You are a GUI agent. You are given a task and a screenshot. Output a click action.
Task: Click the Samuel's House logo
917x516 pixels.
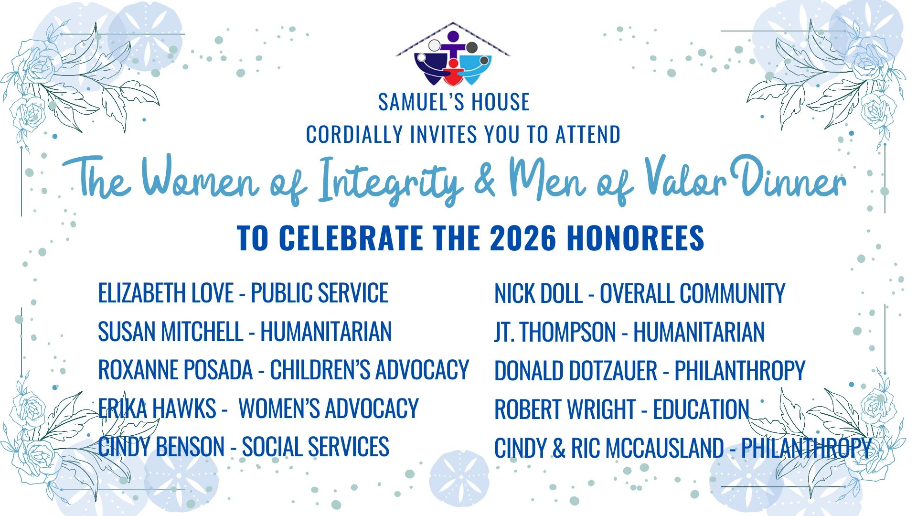coord(453,54)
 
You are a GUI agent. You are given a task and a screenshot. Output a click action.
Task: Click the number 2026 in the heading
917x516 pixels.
coord(523,237)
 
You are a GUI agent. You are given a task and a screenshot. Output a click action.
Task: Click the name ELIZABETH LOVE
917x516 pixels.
coord(166,293)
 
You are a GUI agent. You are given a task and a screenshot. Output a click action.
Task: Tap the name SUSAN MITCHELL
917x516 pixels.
coord(171,332)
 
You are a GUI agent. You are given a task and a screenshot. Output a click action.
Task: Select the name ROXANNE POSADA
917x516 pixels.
coord(175,370)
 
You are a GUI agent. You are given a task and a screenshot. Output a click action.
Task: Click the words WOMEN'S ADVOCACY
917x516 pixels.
coord(329,408)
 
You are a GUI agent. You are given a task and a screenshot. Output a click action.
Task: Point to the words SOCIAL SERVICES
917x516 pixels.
coord(315,447)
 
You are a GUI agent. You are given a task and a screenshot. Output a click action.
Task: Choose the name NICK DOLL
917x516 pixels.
coord(538,293)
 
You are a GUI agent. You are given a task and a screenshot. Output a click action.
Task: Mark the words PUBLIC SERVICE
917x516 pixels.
coord(320,293)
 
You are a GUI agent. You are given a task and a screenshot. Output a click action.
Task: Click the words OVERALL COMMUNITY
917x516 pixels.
coord(693,293)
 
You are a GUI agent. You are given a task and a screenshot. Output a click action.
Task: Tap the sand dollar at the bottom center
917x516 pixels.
coord(459,479)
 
